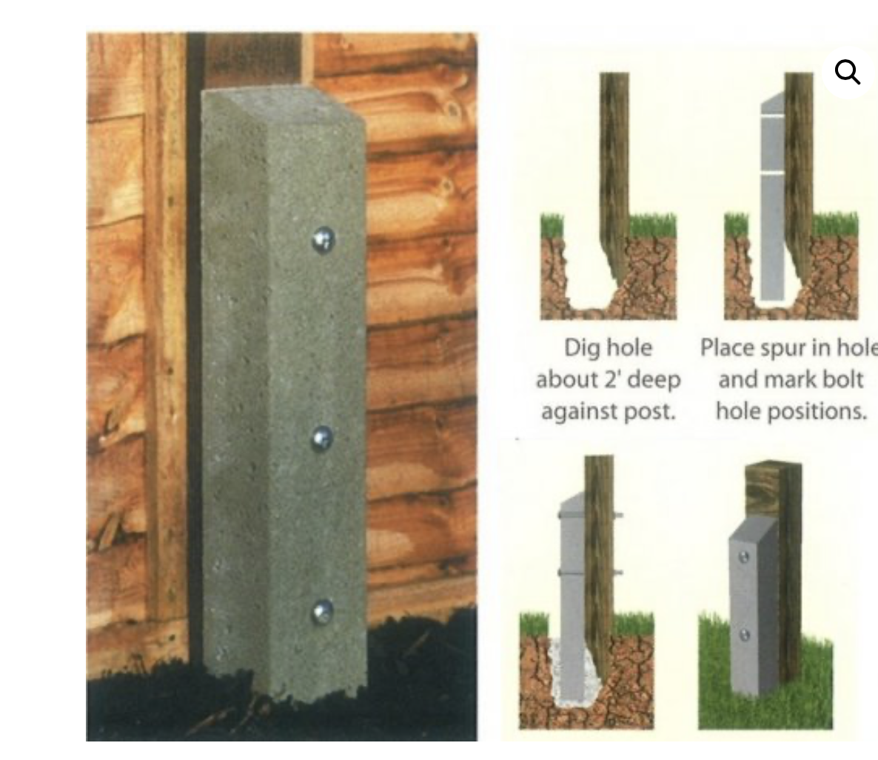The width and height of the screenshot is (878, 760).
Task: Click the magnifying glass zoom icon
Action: click(847, 73)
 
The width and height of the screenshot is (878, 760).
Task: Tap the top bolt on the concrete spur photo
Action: click(323, 240)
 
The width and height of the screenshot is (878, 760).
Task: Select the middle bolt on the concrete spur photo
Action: click(322, 439)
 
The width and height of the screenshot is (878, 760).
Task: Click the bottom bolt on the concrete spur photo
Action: click(323, 611)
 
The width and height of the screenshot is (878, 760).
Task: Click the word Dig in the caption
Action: click(582, 349)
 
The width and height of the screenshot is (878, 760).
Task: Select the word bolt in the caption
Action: click(841, 379)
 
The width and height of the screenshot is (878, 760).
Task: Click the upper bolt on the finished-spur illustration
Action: click(744, 557)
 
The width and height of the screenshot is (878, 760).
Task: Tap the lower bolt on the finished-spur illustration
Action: click(745, 635)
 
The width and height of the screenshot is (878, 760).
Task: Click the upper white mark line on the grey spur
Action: click(773, 116)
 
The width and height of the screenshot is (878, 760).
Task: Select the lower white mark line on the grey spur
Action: click(773, 173)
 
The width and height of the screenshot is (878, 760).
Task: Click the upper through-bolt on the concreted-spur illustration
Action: click(591, 514)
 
